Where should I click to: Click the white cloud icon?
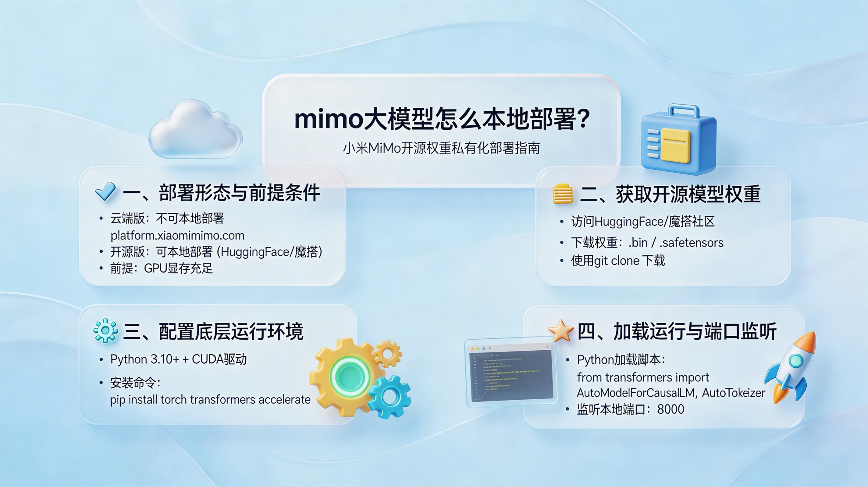click(195, 131)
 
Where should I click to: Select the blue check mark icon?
click(105, 191)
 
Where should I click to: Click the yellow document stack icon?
click(562, 194)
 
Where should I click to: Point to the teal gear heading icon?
click(105, 331)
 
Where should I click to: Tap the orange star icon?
click(561, 331)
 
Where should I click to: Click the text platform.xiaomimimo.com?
click(178, 236)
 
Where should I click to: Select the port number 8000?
click(671, 409)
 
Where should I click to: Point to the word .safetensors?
click(692, 243)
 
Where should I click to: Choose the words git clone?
click(617, 261)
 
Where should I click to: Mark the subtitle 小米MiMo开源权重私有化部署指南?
click(441, 148)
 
